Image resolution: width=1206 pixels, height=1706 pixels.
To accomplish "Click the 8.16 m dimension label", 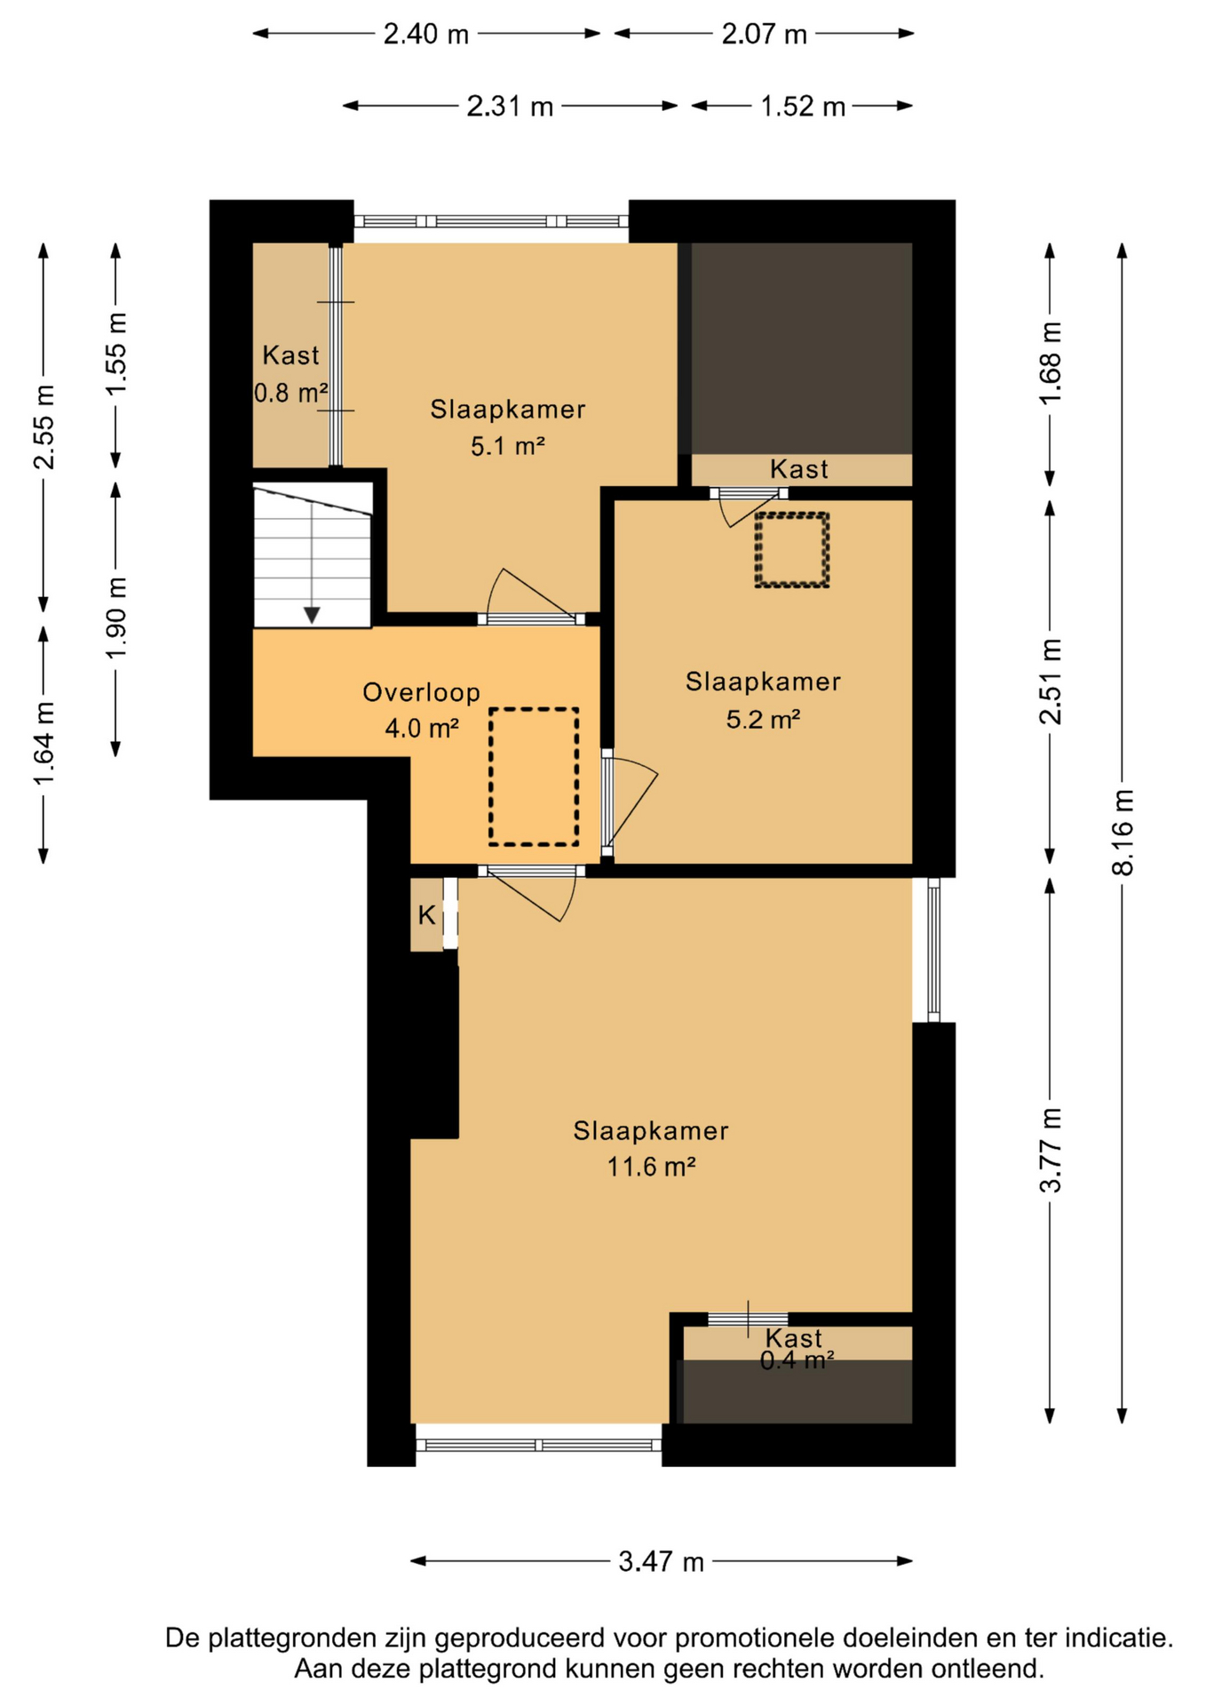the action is [1123, 832].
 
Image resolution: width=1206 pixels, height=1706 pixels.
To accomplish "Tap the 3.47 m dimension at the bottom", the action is [661, 1560].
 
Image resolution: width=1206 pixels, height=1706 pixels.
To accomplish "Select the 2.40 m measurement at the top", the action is [425, 34].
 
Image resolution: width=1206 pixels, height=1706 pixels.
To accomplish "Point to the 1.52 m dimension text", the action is [802, 107].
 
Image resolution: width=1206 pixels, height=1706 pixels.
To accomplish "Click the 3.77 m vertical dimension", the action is [1051, 1150].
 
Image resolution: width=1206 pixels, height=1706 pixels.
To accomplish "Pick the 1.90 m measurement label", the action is [116, 618].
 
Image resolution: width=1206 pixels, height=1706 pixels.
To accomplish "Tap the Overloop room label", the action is [421, 692].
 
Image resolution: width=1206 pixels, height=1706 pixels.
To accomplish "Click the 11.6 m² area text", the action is [651, 1166].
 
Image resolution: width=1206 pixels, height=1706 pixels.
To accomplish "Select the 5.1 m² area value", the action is [507, 445].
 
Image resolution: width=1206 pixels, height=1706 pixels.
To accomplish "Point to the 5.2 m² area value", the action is [763, 718].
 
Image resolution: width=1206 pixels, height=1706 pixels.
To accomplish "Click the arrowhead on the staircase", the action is [312, 615].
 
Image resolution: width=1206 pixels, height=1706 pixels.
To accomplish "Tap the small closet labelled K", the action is [426, 914].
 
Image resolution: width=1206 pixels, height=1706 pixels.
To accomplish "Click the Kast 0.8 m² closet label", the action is [291, 373].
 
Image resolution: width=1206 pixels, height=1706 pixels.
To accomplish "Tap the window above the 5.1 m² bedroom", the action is [491, 221].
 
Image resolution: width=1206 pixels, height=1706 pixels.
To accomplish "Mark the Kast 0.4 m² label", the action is [797, 1349].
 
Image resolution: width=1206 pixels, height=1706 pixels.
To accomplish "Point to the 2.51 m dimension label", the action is [1051, 682].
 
